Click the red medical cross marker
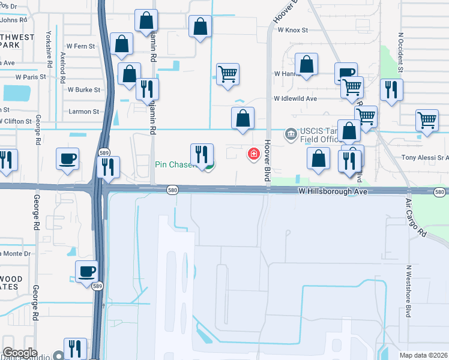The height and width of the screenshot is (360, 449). pos(254,154)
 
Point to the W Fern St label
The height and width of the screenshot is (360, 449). pos(80,46)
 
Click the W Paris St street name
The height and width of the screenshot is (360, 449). pos(31,77)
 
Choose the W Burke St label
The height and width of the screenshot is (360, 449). pos(83,89)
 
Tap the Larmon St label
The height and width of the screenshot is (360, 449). pos(83,112)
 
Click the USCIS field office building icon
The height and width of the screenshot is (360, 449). pos(291,133)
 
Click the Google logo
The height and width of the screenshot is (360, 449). pos(20,353)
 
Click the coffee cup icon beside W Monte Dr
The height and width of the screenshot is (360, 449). pos(87,271)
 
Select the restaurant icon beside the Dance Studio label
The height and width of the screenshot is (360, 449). pos(75,348)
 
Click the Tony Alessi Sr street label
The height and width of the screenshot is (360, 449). pos(424,158)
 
